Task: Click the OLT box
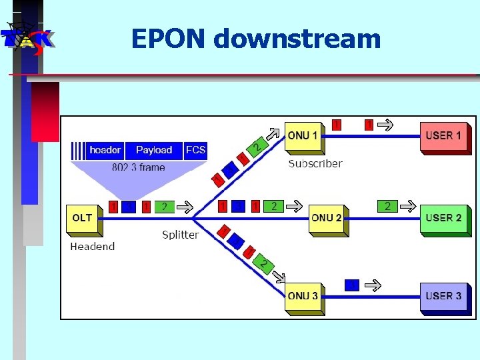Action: point(83,218)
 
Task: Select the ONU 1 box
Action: point(303,136)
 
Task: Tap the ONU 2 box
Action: point(327,218)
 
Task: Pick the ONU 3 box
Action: point(303,296)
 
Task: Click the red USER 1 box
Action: point(443,136)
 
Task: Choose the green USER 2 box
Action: point(443,218)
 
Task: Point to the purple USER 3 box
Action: point(443,296)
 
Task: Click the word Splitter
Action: point(181,235)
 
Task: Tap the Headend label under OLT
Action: point(93,247)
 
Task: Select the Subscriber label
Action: point(315,163)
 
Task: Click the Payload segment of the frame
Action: point(154,150)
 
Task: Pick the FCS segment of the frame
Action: point(196,150)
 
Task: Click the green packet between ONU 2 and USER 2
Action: point(387,207)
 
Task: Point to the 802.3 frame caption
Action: point(138,167)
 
